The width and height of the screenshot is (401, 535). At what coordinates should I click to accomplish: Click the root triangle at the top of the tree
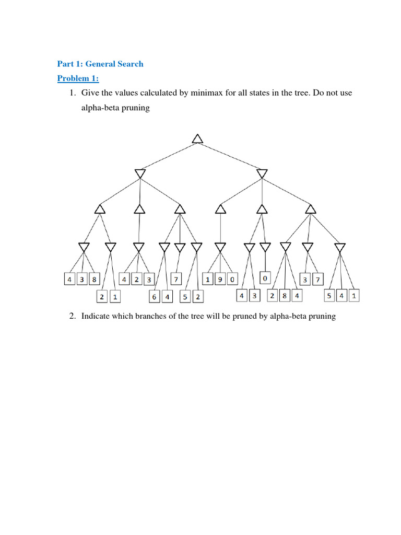pos(197,138)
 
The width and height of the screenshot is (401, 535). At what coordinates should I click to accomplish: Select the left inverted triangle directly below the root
pos(139,173)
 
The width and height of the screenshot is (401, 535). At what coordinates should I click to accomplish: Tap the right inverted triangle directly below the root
pos(262,173)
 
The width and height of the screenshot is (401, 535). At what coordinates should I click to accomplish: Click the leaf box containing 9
pos(220,280)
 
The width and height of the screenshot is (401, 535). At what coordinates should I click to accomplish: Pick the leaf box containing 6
pos(154,296)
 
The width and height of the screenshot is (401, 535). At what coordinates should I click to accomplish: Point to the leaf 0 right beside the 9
pos(232,280)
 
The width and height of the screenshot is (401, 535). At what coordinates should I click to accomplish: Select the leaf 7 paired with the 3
pos(317,280)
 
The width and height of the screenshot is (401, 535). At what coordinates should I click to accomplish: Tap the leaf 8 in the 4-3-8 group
pos(93,280)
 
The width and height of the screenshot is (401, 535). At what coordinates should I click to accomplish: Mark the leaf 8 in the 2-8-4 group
pos(285,296)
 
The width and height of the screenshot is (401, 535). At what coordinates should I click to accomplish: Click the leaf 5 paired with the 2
pos(185,296)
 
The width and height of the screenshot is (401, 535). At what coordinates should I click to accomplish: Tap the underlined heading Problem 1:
pos(78,78)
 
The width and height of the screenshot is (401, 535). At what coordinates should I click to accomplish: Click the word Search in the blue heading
pos(129,64)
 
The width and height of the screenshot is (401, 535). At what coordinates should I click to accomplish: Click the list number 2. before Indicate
pos(73,317)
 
